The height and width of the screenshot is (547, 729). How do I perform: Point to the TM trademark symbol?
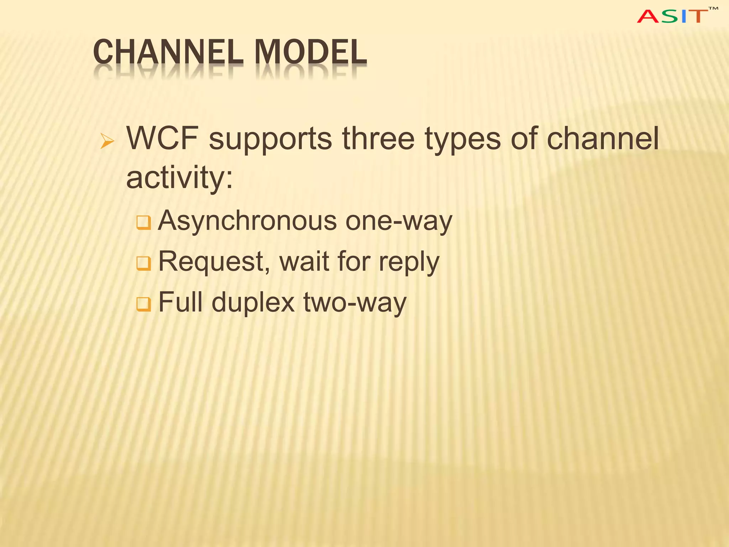tap(713, 9)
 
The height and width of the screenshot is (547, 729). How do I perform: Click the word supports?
tap(271, 140)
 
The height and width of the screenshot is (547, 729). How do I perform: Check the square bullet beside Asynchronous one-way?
tap(144, 223)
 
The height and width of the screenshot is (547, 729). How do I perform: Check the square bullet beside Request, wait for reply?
tap(144, 264)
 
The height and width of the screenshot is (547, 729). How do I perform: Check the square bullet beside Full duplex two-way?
tap(144, 304)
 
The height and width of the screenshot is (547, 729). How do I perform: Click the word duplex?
tap(253, 303)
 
